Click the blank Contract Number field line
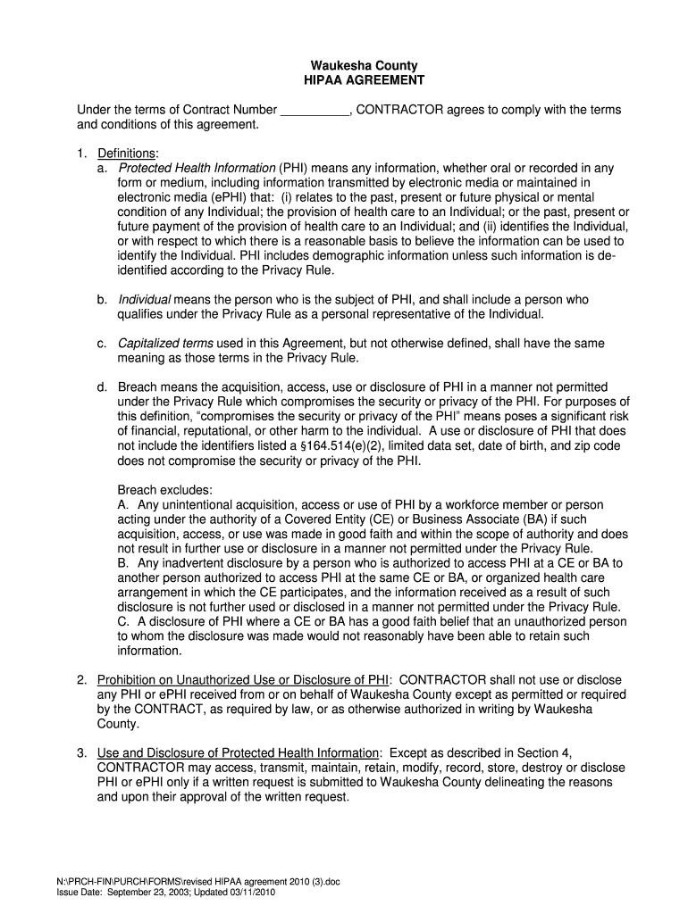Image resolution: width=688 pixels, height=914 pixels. pos(315,110)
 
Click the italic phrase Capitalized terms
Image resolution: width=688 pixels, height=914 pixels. pos(165,344)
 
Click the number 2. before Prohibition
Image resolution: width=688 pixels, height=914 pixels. pos(81,680)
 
